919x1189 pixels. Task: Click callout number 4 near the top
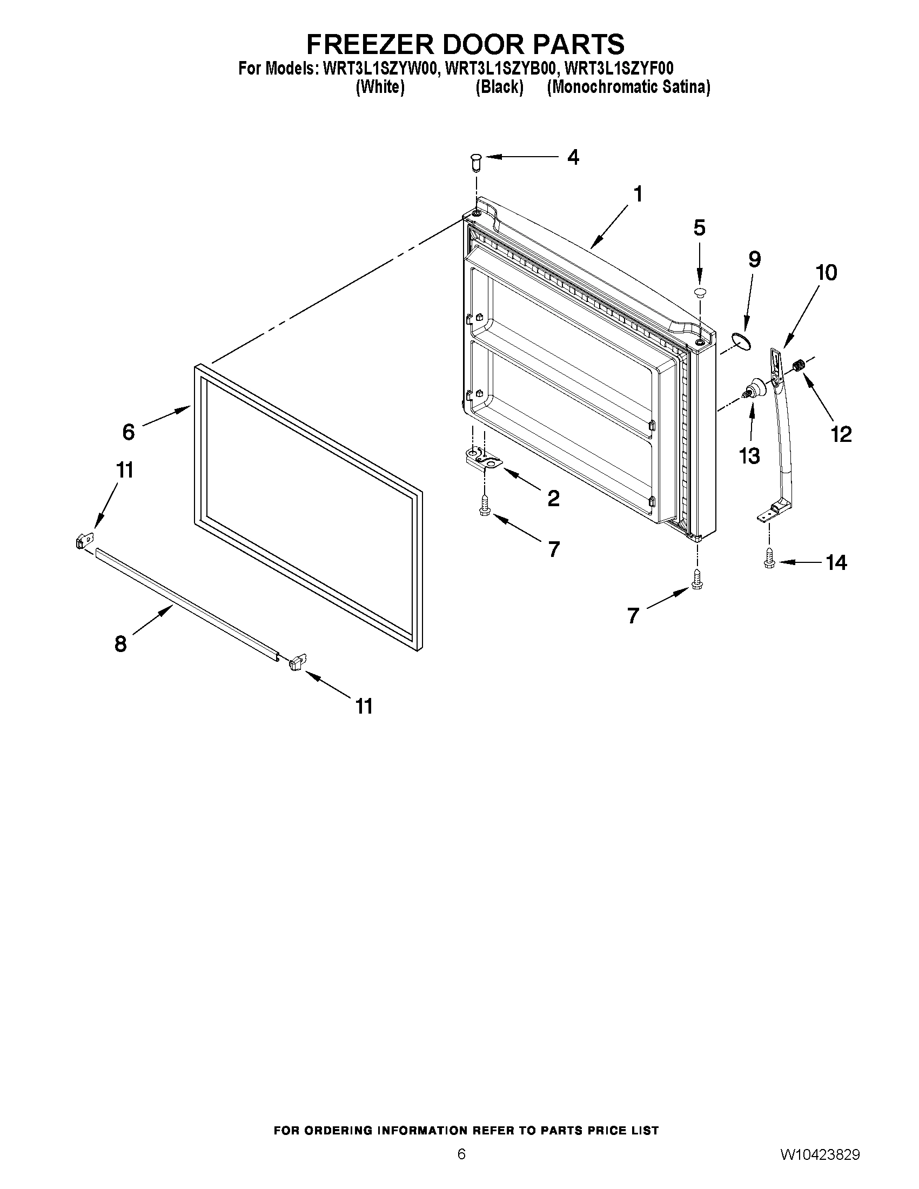pyautogui.click(x=573, y=157)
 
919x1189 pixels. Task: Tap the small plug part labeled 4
pyautogui.click(x=476, y=162)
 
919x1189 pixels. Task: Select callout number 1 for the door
pyautogui.click(x=638, y=194)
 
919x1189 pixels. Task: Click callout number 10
pyautogui.click(x=826, y=273)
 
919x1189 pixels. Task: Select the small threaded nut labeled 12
pyautogui.click(x=799, y=365)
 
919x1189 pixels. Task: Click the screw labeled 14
pyautogui.click(x=769, y=559)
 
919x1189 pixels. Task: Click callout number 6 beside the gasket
pyautogui.click(x=128, y=432)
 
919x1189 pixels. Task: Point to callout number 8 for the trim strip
pyautogui.click(x=120, y=644)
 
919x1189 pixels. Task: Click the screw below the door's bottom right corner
pyautogui.click(x=697, y=579)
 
